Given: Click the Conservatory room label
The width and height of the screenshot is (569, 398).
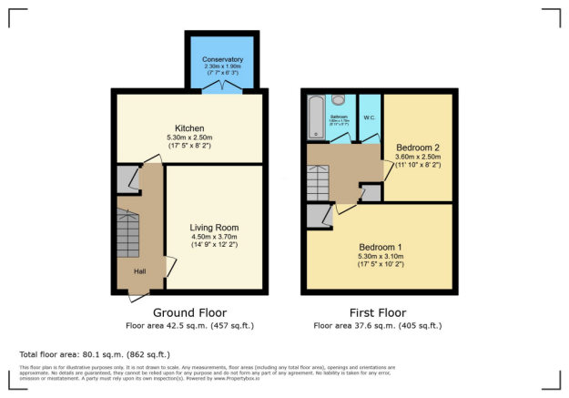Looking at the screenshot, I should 222,59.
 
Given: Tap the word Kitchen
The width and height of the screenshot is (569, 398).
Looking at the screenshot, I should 190,128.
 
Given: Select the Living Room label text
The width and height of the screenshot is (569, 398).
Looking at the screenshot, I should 214,227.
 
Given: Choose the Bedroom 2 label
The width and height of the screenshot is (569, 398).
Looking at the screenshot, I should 418,147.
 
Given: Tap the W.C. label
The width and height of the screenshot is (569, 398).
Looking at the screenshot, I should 369,117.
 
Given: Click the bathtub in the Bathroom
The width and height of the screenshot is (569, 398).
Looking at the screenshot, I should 316,117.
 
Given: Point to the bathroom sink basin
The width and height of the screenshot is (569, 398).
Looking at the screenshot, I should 340,99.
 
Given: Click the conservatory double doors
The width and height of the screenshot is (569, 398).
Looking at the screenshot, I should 222,87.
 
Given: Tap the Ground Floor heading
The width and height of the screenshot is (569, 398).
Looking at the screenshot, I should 189,312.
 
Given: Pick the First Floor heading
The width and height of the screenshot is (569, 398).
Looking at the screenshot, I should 378,312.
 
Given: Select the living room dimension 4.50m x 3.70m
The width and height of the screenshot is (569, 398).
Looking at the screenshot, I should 214,238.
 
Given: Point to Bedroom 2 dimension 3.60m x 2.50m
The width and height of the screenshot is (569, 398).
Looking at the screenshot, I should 418,157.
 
